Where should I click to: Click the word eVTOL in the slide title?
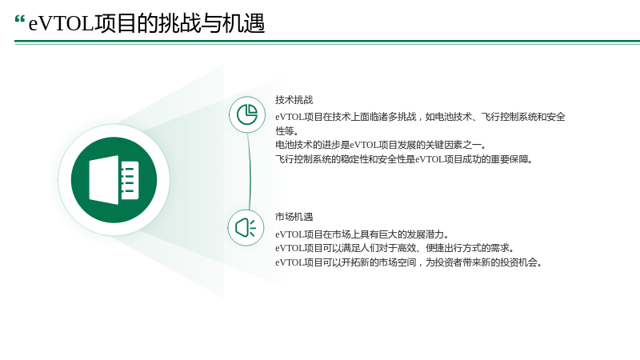click(x=62, y=23)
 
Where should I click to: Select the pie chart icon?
click(x=247, y=114)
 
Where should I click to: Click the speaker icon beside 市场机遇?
click(x=246, y=228)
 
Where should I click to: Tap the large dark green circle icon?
click(x=114, y=179)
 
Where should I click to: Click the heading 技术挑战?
click(x=294, y=99)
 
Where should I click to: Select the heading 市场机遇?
click(x=294, y=217)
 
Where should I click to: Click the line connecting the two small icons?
click(x=250, y=171)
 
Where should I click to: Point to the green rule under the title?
click(x=327, y=42)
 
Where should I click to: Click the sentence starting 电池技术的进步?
click(x=381, y=145)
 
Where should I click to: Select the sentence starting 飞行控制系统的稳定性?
click(x=404, y=159)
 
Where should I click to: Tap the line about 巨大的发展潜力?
click(x=362, y=234)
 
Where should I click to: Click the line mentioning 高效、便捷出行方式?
click(x=395, y=248)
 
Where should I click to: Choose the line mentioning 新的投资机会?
click(x=409, y=262)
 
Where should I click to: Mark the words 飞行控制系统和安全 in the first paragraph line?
click(x=523, y=117)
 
